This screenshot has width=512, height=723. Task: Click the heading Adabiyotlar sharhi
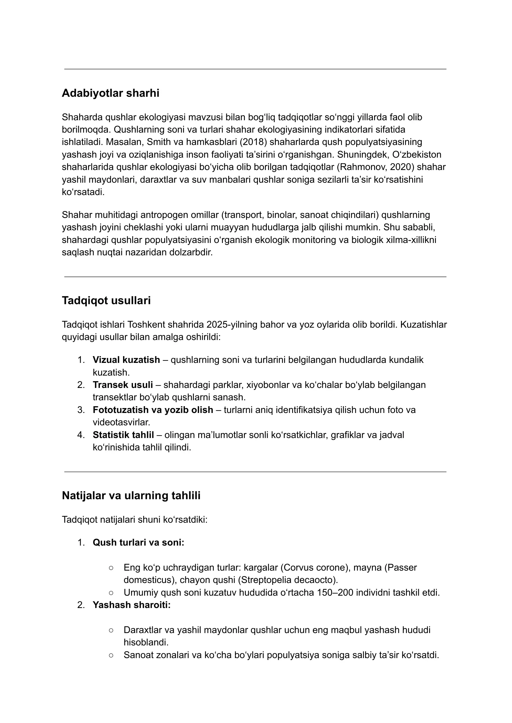(x=110, y=93)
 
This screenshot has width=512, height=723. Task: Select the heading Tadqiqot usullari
(x=106, y=301)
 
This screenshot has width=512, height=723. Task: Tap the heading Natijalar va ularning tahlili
(x=131, y=495)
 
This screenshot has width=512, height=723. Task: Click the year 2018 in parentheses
(x=253, y=142)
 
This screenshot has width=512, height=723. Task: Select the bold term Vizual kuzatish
(x=126, y=360)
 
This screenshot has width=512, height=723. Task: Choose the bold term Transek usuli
(x=123, y=385)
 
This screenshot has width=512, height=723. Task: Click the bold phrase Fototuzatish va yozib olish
(x=153, y=410)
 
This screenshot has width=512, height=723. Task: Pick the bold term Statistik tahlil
(x=123, y=435)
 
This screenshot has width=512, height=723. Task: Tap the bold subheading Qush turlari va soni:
(x=138, y=542)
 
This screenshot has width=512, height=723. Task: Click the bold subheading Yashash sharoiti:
(x=131, y=605)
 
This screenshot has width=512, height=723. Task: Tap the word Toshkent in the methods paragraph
(x=146, y=325)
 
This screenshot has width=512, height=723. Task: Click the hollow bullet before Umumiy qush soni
(x=111, y=593)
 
